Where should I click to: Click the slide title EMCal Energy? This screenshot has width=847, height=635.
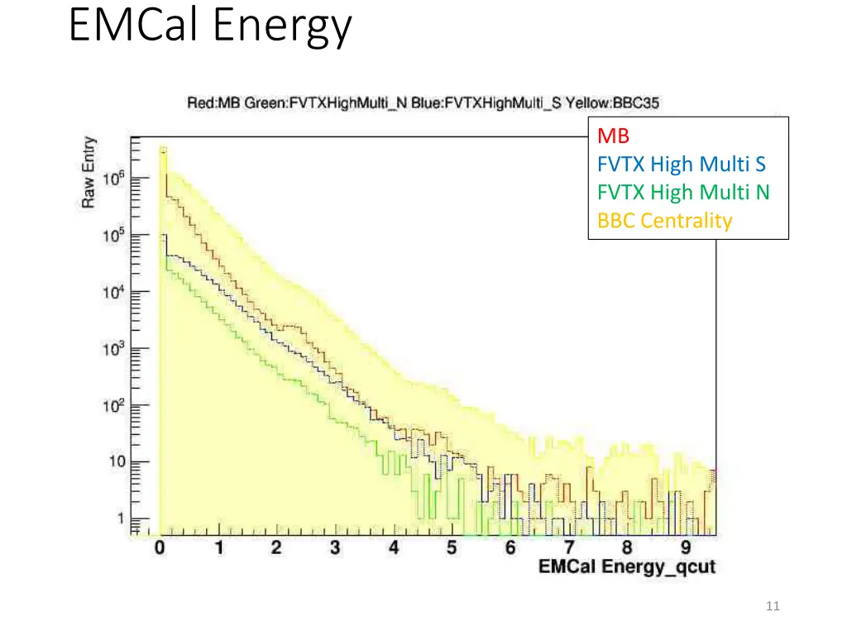click(210, 26)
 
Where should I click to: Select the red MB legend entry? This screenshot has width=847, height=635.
click(613, 136)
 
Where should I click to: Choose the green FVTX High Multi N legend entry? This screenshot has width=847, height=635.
click(683, 193)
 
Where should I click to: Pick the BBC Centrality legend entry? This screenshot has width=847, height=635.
click(665, 221)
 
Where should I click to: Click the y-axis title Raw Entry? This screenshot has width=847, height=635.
click(89, 172)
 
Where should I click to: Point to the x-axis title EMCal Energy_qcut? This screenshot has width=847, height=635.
click(626, 567)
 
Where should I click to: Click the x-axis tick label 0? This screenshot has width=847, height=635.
click(160, 547)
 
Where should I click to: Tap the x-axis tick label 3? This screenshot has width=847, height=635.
click(335, 547)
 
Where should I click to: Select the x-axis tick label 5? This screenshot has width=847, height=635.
click(452, 547)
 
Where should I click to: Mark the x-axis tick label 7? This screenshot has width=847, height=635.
click(569, 547)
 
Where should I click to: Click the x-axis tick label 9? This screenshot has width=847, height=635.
click(686, 547)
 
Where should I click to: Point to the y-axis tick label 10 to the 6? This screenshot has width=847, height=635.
click(114, 179)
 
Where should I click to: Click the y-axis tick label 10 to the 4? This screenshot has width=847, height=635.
click(114, 292)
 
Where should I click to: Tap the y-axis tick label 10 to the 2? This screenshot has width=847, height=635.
click(114, 405)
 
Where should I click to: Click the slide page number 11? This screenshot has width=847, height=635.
click(773, 607)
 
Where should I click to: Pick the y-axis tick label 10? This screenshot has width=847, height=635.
click(116, 462)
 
